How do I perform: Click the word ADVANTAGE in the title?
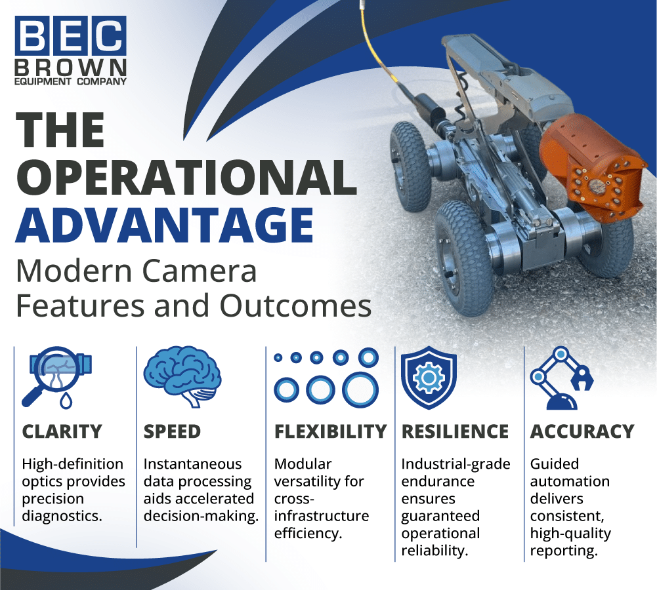pos(164,226)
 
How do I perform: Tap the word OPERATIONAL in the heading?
pos(186,176)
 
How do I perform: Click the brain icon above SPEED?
pos(182,376)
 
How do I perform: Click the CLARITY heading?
pos(62,431)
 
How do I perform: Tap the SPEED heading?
pos(172,431)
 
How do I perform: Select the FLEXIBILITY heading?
pos(330,431)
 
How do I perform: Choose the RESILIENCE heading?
pos(455,431)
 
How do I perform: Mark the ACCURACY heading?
pos(582,431)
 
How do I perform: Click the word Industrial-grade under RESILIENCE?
pos(456,464)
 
